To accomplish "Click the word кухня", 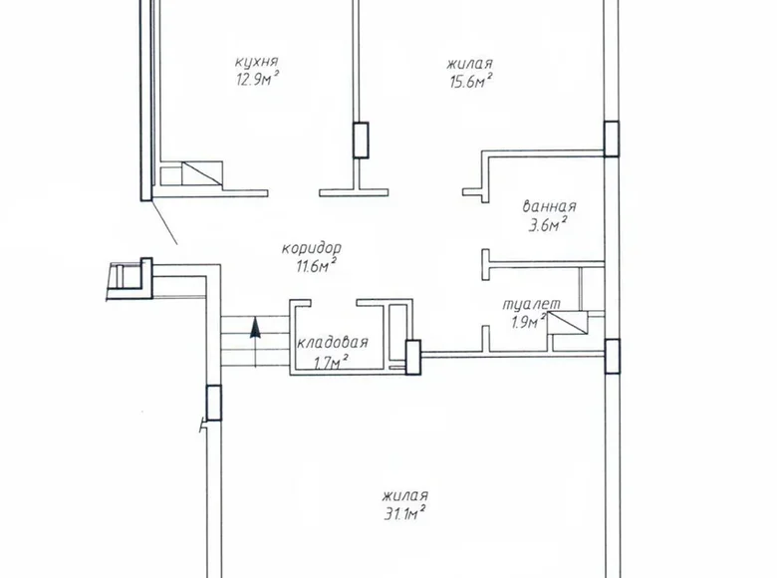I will (245, 62).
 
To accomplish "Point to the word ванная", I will (549, 207).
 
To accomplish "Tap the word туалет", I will (524, 304).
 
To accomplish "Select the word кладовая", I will (333, 343).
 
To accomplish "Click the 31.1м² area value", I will (403, 513).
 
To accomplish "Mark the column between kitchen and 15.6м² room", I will (361, 140).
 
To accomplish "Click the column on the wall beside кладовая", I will (412, 357).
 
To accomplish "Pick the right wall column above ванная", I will (612, 139).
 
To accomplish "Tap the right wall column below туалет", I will (612, 355).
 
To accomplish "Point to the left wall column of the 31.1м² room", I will (212, 402).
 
